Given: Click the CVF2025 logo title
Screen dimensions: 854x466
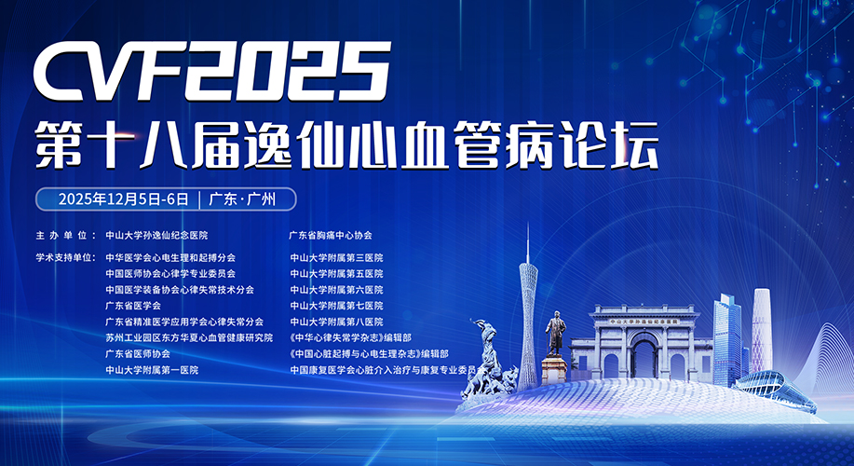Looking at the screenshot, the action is pyautogui.click(x=211, y=72).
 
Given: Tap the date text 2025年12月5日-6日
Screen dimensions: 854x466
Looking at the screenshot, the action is pyautogui.click(x=124, y=199).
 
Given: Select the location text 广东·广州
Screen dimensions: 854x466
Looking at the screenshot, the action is pyautogui.click(x=243, y=199).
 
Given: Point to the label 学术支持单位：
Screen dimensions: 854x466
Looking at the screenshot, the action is pyautogui.click(x=66, y=258).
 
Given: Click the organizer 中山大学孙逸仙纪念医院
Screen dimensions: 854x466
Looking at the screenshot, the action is pyautogui.click(x=156, y=236).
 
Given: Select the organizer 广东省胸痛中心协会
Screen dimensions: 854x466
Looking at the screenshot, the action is pyautogui.click(x=331, y=236).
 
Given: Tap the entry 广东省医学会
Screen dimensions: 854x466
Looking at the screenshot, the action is pyautogui.click(x=133, y=306).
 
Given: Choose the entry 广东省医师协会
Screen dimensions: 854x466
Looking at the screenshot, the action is pyautogui.click(x=138, y=354).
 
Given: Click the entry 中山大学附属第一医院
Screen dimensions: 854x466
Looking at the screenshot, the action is pyautogui.click(x=152, y=370).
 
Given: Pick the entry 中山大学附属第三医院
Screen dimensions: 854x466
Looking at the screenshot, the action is pyautogui.click(x=336, y=258).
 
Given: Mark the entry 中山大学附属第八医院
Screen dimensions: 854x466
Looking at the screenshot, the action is pyautogui.click(x=336, y=322).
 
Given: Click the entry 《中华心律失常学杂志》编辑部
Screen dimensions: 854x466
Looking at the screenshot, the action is pyautogui.click(x=351, y=338).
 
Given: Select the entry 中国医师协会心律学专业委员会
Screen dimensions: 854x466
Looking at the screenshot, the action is pyautogui.click(x=170, y=274).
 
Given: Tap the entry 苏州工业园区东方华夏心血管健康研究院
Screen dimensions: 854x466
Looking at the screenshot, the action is pyautogui.click(x=189, y=338).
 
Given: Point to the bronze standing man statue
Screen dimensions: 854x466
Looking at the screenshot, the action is pyautogui.click(x=556, y=334).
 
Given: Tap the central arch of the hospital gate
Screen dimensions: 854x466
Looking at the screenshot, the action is pyautogui.click(x=644, y=356).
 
